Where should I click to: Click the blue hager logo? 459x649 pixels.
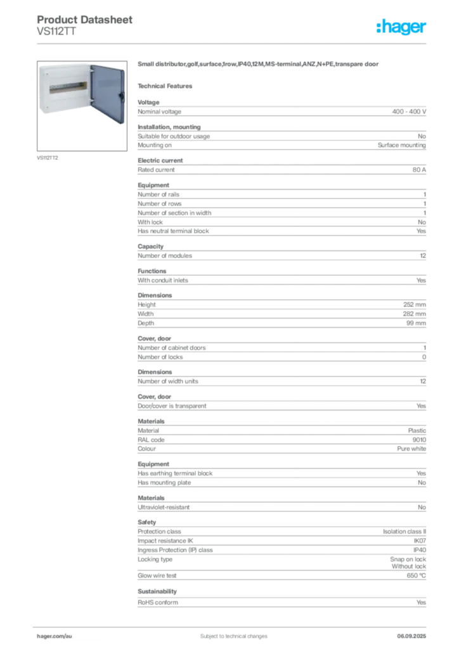point(403,28)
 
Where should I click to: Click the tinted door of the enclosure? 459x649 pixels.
point(107,94)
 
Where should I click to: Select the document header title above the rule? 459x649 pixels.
point(86,20)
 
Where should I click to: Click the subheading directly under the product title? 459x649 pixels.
point(168,85)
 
